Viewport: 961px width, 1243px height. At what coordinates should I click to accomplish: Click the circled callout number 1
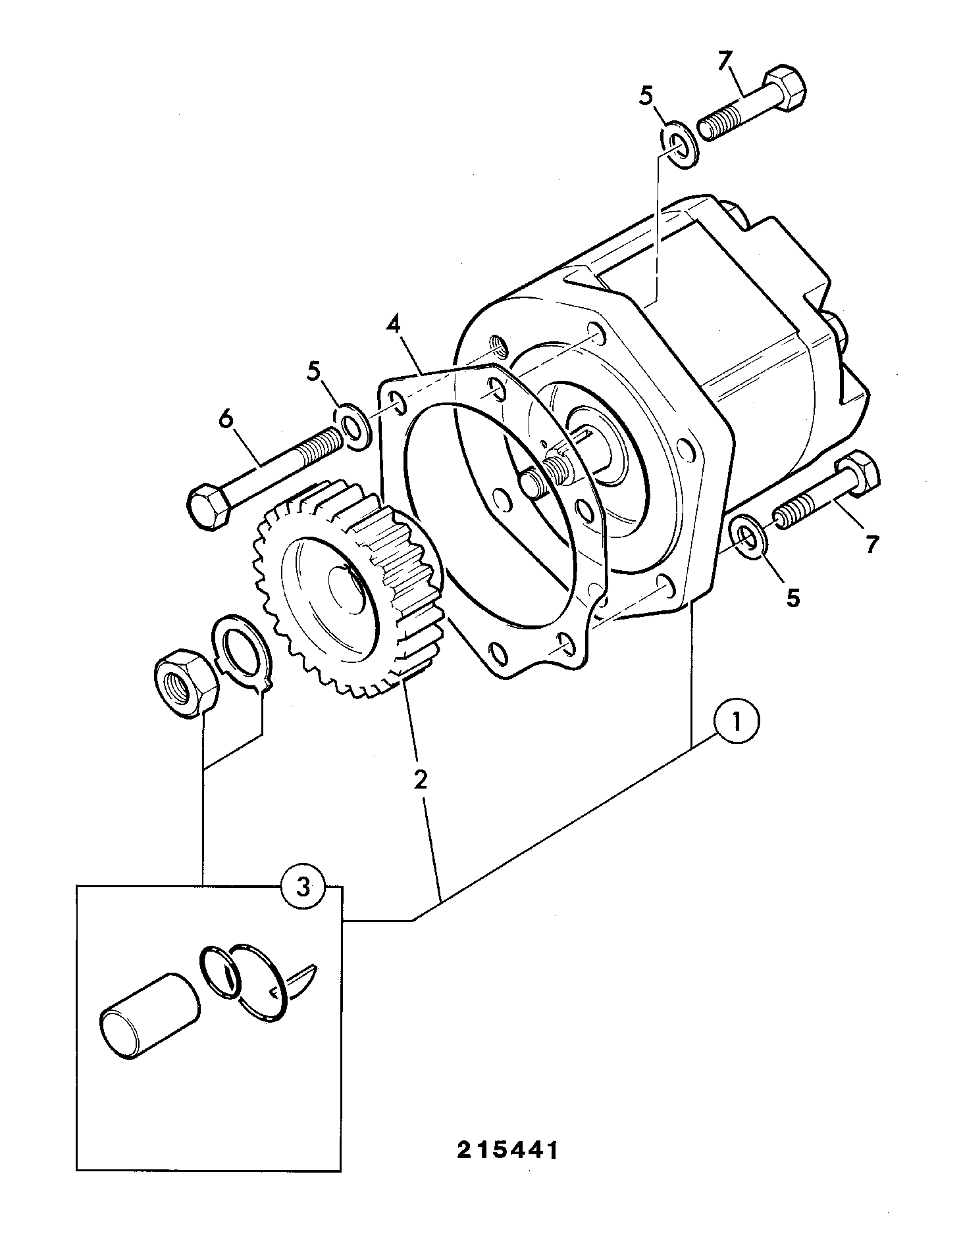tap(737, 723)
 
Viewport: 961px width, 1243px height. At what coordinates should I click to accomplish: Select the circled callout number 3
tap(303, 887)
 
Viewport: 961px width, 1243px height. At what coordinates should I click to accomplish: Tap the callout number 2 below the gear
tap(420, 779)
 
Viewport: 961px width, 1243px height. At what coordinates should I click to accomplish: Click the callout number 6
tap(226, 419)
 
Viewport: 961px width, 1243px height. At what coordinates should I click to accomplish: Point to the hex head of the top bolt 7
tap(784, 87)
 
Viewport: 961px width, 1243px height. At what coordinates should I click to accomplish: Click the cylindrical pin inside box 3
tap(149, 1016)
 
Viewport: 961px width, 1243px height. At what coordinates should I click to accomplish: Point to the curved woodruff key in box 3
tap(303, 982)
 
